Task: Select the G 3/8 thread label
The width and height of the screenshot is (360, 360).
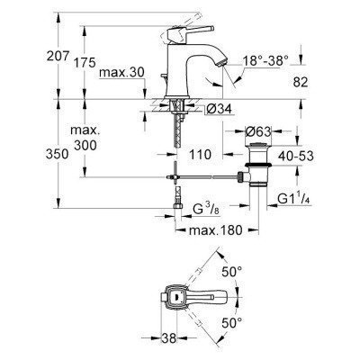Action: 208,210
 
